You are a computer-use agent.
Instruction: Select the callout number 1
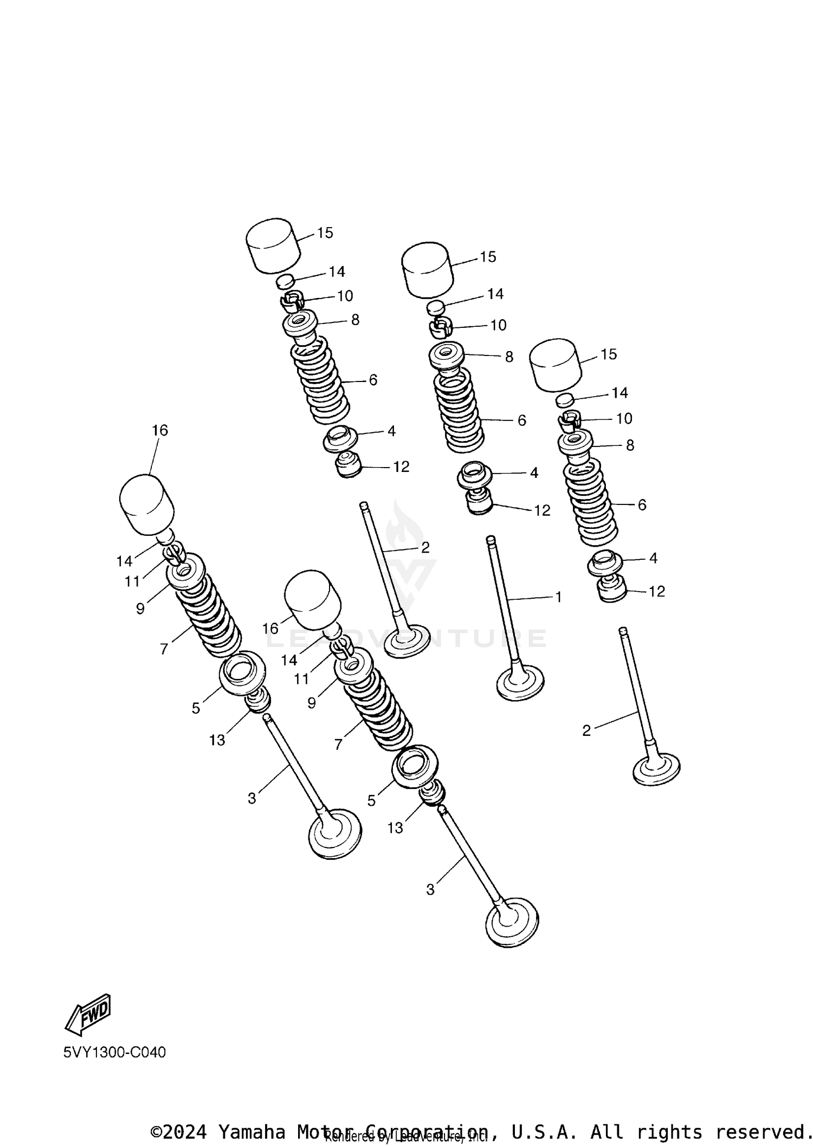point(558,597)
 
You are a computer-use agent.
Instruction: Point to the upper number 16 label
point(160,430)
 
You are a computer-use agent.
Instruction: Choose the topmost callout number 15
point(325,233)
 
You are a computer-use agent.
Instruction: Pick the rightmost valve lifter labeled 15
point(555,365)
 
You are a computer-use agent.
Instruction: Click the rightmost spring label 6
point(642,505)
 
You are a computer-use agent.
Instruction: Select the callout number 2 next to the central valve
point(425,547)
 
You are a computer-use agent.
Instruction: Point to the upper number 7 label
point(164,649)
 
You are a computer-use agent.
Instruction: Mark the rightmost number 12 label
point(656,592)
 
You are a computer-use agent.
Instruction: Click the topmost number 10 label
point(345,296)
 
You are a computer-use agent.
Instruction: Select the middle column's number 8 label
point(509,357)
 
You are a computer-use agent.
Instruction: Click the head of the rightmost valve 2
point(656,768)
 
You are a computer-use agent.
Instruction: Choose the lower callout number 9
point(312,703)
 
